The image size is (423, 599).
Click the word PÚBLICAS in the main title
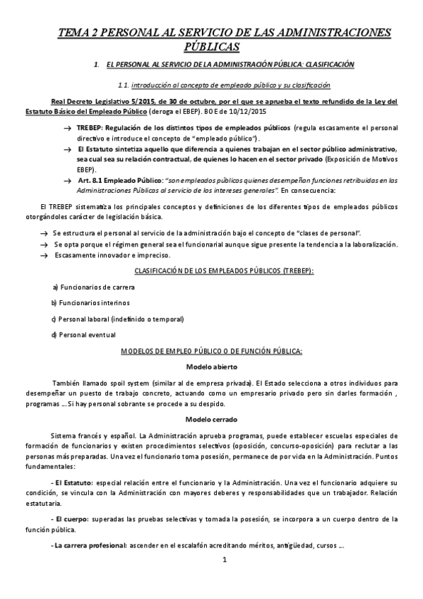pos(211,47)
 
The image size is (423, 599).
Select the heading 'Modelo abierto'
pos(211,367)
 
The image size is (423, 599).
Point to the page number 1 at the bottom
pos(224,581)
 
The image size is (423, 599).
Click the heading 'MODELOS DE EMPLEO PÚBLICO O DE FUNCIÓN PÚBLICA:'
pos(212,350)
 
